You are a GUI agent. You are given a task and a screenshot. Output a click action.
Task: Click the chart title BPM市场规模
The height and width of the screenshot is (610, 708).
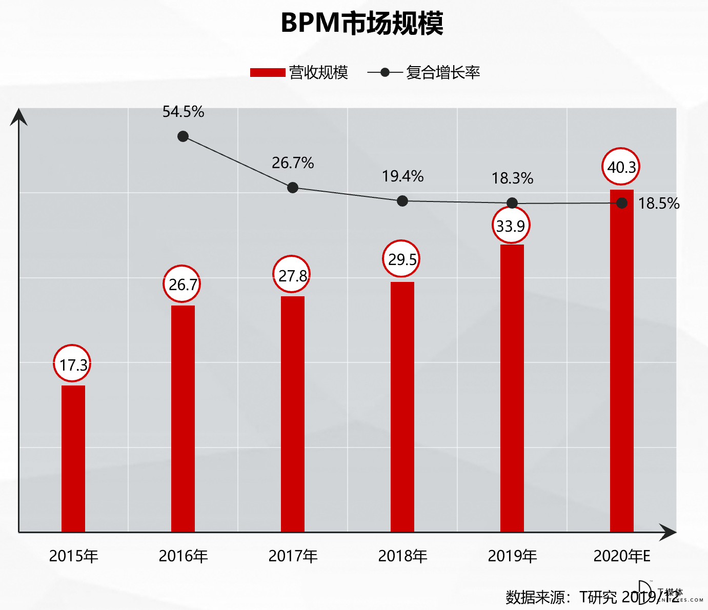[x=362, y=23]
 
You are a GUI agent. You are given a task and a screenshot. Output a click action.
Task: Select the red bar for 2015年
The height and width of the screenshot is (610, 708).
[x=73, y=458]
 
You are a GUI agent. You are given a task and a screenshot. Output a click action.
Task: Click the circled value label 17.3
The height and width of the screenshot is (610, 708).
[x=73, y=364]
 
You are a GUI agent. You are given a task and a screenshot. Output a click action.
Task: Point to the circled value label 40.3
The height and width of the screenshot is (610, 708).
[x=621, y=167]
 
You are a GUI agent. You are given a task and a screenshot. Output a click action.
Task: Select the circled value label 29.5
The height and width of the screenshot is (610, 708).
[x=401, y=259]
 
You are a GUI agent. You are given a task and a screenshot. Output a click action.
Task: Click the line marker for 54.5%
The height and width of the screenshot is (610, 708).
[x=183, y=136]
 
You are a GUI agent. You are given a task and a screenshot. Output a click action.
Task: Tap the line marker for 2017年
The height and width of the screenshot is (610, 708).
[x=293, y=188]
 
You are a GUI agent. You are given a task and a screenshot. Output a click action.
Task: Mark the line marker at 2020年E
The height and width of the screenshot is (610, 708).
[x=621, y=203]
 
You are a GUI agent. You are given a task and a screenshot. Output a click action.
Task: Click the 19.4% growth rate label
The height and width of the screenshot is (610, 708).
[x=402, y=176]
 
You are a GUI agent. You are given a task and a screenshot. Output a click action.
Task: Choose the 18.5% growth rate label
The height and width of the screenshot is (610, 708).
[x=658, y=204]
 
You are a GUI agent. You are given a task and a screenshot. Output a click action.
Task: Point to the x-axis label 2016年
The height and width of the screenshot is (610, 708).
[x=183, y=556]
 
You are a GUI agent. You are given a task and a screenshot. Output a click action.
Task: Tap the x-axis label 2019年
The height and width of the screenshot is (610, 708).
[x=512, y=556]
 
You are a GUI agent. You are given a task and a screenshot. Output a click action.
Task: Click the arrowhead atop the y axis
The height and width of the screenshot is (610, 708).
[x=18, y=117]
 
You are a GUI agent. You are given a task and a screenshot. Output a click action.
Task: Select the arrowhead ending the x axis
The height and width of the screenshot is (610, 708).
[x=667, y=532]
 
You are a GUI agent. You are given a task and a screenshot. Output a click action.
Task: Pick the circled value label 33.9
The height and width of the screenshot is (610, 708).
[x=511, y=225]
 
